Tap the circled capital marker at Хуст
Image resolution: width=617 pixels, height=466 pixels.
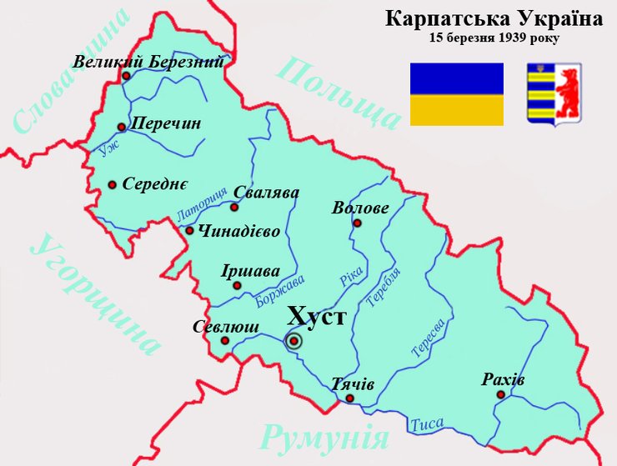pyautogui.click(x=293, y=340)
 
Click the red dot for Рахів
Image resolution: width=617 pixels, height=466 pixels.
pyautogui.click(x=500, y=394)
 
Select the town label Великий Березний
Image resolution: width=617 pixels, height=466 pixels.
pyautogui.click(x=148, y=62)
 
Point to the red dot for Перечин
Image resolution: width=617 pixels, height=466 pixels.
pyautogui.click(x=122, y=127)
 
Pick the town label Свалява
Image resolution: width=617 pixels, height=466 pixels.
pyautogui.click(x=267, y=192)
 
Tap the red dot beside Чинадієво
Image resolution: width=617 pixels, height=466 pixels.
pyautogui.click(x=190, y=231)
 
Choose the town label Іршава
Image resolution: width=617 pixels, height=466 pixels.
pyautogui.click(x=250, y=272)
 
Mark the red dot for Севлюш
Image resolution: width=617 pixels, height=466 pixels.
pyautogui.click(x=223, y=341)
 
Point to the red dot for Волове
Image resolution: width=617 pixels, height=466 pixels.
pyautogui.click(x=357, y=223)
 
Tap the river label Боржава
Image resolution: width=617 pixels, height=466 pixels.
pyautogui.click(x=282, y=292)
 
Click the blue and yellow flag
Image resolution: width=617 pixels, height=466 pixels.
pyautogui.click(x=456, y=94)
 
